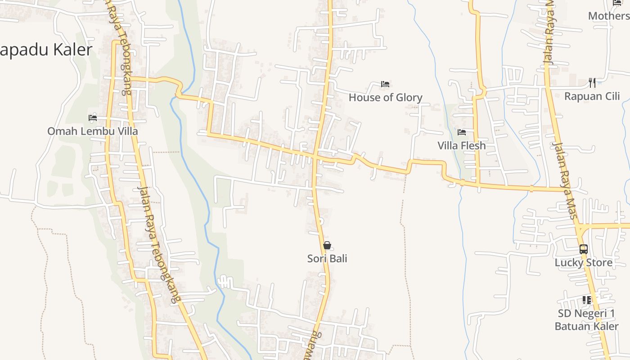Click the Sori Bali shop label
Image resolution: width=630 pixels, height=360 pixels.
[327, 259]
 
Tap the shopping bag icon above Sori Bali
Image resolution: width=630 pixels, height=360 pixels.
[327, 245]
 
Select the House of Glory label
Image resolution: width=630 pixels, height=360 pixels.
[385, 98]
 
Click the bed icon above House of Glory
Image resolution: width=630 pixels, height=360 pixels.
[385, 84]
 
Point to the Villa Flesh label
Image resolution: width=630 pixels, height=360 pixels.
[462, 146]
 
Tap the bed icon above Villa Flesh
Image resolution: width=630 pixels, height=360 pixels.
[462, 132]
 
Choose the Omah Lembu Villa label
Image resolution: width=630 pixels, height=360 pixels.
[93, 131]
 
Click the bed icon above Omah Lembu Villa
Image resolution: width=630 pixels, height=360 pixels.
[93, 118]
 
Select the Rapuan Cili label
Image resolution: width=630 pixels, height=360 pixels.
[592, 96]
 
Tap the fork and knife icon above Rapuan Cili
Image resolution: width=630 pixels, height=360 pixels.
[592, 83]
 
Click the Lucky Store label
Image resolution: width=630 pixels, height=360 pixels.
[583, 263]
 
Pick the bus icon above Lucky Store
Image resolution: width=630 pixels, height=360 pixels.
[584, 249]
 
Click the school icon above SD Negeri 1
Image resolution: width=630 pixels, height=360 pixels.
[587, 300]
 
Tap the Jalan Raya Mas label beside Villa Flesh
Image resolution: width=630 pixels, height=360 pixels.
[565, 180]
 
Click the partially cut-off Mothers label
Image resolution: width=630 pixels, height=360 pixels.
[609, 16]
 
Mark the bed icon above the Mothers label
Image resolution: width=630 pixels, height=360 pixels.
[617, 3]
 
